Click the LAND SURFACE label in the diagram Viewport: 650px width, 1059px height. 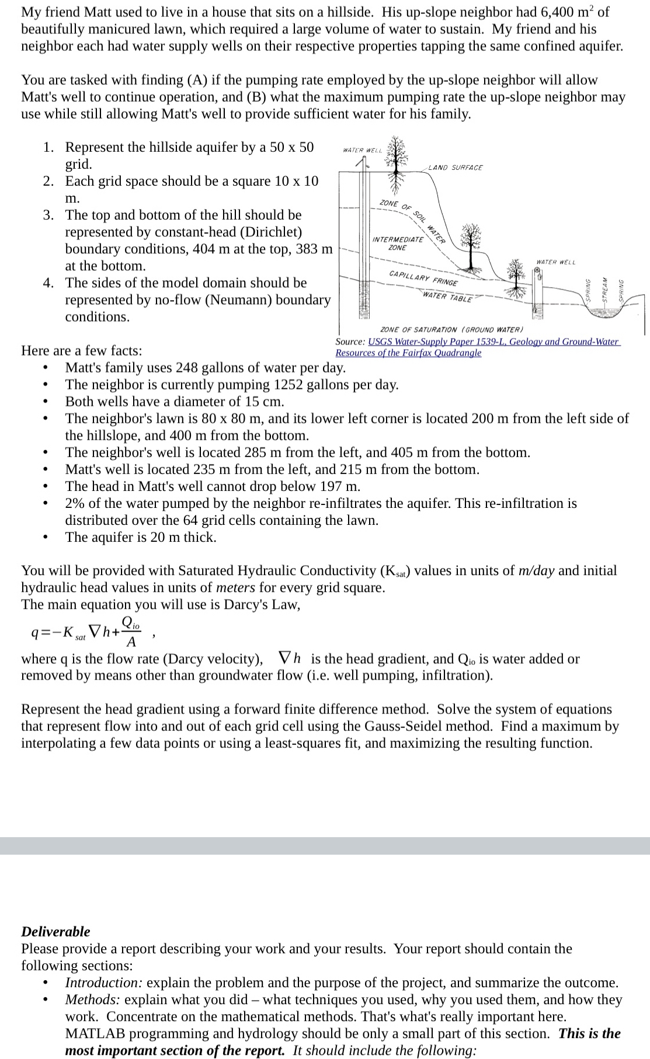pyautogui.click(x=456, y=168)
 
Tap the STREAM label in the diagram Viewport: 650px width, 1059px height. pyautogui.click(x=606, y=289)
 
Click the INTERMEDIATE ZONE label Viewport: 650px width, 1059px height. pyautogui.click(x=398, y=243)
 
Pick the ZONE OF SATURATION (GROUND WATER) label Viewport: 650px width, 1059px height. pyautogui.click(x=451, y=330)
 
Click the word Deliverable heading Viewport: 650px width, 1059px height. pyautogui.click(x=55, y=931)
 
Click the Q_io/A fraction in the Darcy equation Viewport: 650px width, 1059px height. pyautogui.click(x=131, y=633)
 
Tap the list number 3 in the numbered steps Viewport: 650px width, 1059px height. pyautogui.click(x=50, y=215)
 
